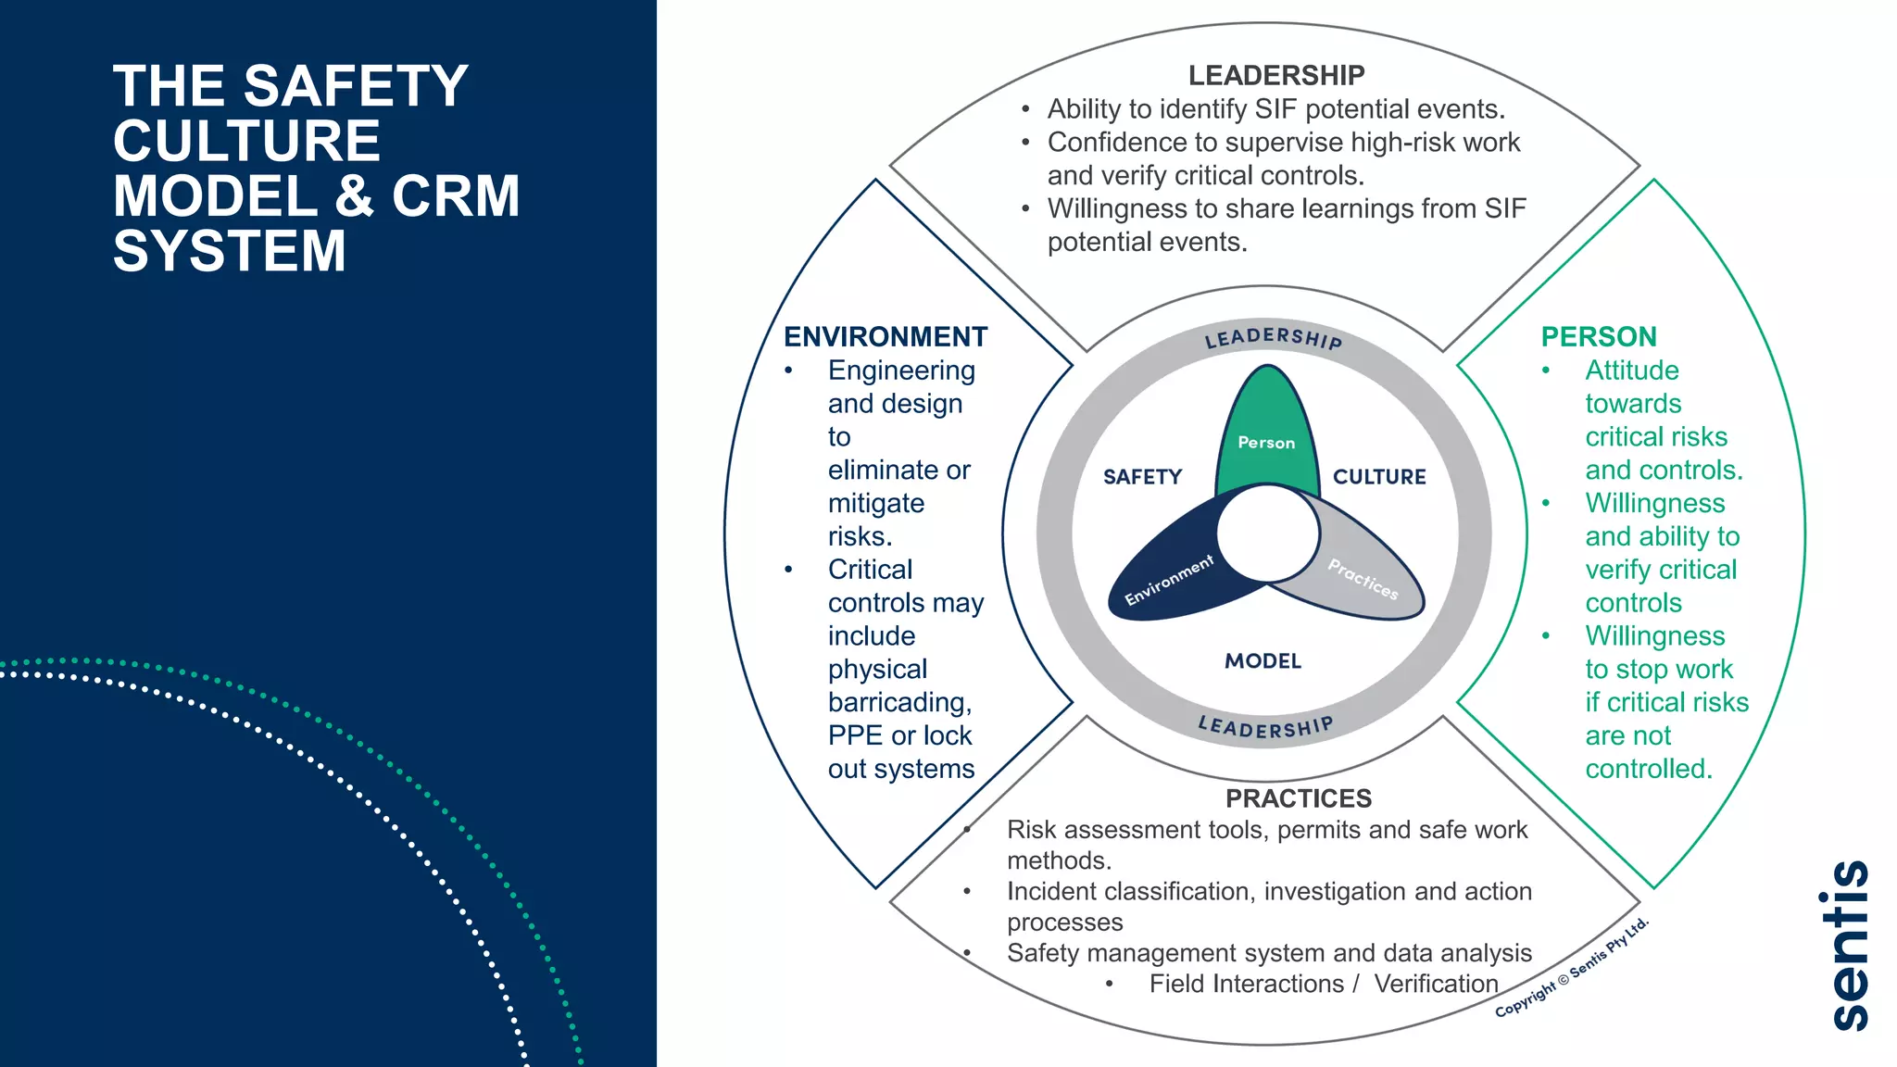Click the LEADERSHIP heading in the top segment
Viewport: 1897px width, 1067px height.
(x=1275, y=75)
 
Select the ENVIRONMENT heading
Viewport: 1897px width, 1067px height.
(x=885, y=336)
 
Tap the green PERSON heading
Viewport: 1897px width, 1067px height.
(x=1598, y=336)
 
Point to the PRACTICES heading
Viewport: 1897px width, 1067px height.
(x=1298, y=797)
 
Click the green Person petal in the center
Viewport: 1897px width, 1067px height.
(x=1266, y=426)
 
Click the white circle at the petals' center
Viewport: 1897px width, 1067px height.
(x=1267, y=533)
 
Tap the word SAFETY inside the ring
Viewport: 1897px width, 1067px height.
(x=1142, y=477)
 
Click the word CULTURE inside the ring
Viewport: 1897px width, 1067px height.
(x=1379, y=477)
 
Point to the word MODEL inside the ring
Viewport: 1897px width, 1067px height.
(x=1263, y=661)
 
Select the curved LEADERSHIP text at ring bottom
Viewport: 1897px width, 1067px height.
(x=1265, y=727)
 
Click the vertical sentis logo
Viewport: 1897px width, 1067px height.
(x=1850, y=945)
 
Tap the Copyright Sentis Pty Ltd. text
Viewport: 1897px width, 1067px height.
(x=1571, y=968)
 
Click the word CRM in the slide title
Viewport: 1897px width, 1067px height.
(x=455, y=196)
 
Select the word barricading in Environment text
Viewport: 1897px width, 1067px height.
(x=899, y=702)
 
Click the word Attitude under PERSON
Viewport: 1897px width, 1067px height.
(x=1631, y=370)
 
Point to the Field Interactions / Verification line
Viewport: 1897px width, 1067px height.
(x=1323, y=984)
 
